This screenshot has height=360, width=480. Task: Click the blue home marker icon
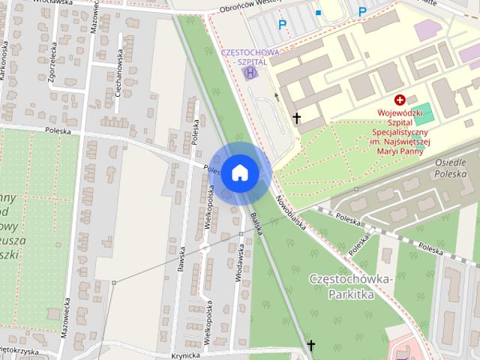pos(238,172)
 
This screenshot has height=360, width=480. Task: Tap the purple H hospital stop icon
pos(251,73)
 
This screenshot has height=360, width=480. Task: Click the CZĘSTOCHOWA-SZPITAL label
pos(250,57)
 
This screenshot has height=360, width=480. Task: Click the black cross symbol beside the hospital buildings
pos(297,118)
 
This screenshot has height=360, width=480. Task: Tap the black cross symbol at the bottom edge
pos(311,346)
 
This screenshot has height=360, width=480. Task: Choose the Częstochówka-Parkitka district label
pos(351,286)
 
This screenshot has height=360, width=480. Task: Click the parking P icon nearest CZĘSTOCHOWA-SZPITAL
pos(283,25)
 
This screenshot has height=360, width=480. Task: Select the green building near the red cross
pos(424,115)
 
